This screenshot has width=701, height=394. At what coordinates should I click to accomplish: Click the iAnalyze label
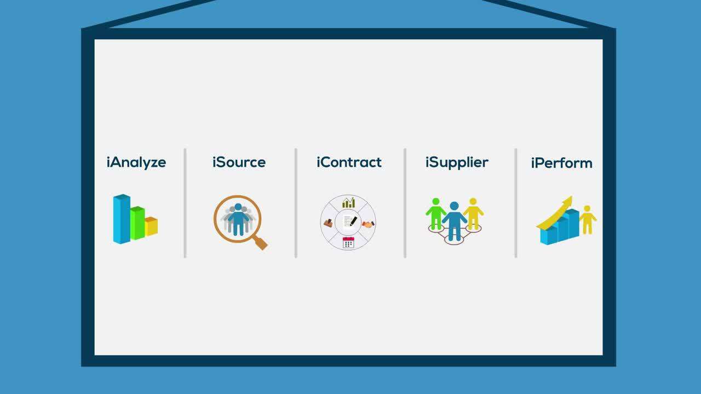136,163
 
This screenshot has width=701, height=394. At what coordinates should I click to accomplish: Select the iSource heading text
239,163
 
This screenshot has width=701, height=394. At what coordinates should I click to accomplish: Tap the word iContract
349,163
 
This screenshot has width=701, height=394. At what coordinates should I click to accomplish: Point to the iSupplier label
457,163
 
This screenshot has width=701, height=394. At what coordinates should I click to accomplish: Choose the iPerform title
561,163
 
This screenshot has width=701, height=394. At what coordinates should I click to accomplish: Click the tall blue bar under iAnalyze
121,219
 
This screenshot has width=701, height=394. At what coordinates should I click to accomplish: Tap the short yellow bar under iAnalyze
151,226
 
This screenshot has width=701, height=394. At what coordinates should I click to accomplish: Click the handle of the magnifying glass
261,243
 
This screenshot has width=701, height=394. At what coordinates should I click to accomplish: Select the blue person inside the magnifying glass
238,219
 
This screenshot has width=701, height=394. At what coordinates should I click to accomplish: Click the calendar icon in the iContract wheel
348,242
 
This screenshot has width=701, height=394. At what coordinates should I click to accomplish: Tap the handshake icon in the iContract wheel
368,224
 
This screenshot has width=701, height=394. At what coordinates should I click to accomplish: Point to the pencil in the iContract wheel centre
352,222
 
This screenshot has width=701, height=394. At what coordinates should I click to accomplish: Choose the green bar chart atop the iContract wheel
348,203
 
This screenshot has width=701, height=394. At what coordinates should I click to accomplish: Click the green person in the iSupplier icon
436,213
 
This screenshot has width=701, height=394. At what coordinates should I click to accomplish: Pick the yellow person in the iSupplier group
473,213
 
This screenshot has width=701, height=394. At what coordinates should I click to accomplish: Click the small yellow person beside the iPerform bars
588,219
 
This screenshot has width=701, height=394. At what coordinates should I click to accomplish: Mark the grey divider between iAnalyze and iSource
185,202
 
